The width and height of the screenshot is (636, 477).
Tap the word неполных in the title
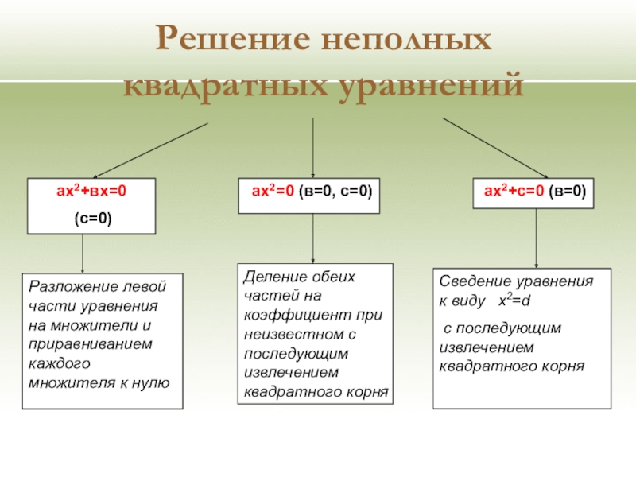point(407,40)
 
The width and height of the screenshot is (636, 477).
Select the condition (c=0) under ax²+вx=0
point(92,217)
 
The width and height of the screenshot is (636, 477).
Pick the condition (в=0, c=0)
point(335,192)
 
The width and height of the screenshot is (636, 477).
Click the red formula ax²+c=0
point(514,192)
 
